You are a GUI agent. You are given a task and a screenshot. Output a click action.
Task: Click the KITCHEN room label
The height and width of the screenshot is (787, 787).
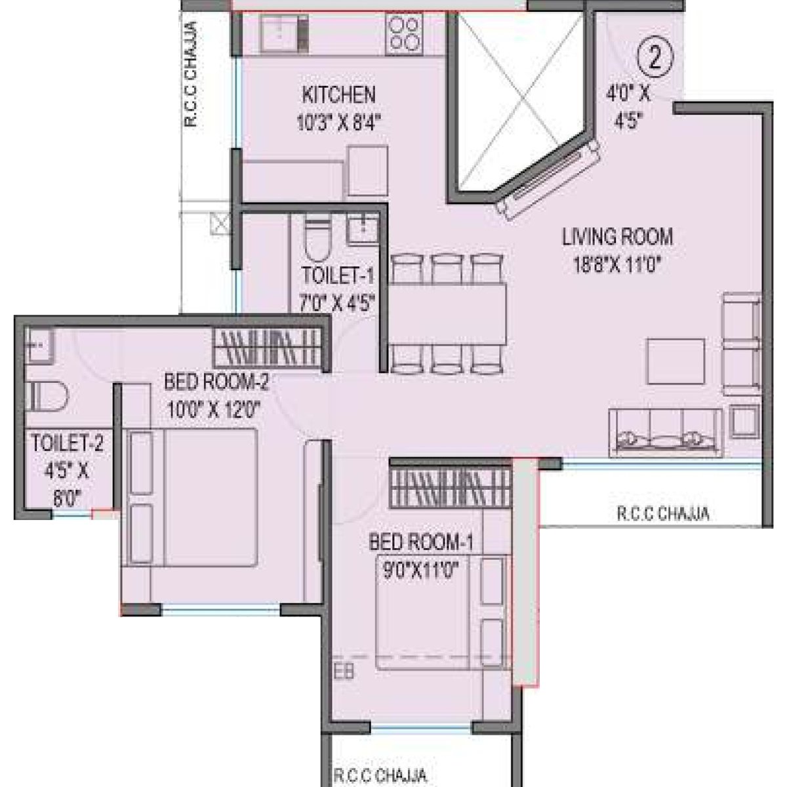point(338,94)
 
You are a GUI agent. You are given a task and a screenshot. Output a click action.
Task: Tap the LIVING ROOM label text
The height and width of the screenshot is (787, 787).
point(617,237)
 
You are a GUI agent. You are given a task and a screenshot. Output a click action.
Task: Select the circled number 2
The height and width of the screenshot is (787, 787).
point(653,59)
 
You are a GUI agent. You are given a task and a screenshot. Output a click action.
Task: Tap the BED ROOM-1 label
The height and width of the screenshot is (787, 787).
point(421,542)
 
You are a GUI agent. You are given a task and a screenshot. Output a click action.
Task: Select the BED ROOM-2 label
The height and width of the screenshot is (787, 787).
point(216,381)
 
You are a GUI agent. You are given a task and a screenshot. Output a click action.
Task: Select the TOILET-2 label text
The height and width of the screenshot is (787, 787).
point(68,443)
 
